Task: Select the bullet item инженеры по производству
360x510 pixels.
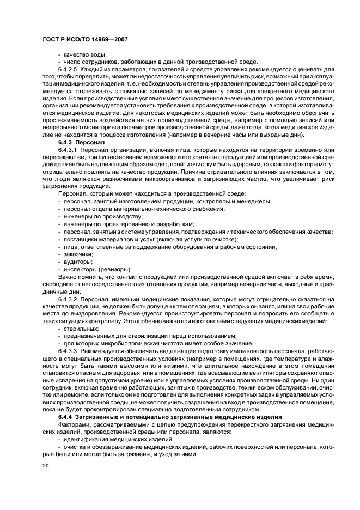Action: coord(96,216)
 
